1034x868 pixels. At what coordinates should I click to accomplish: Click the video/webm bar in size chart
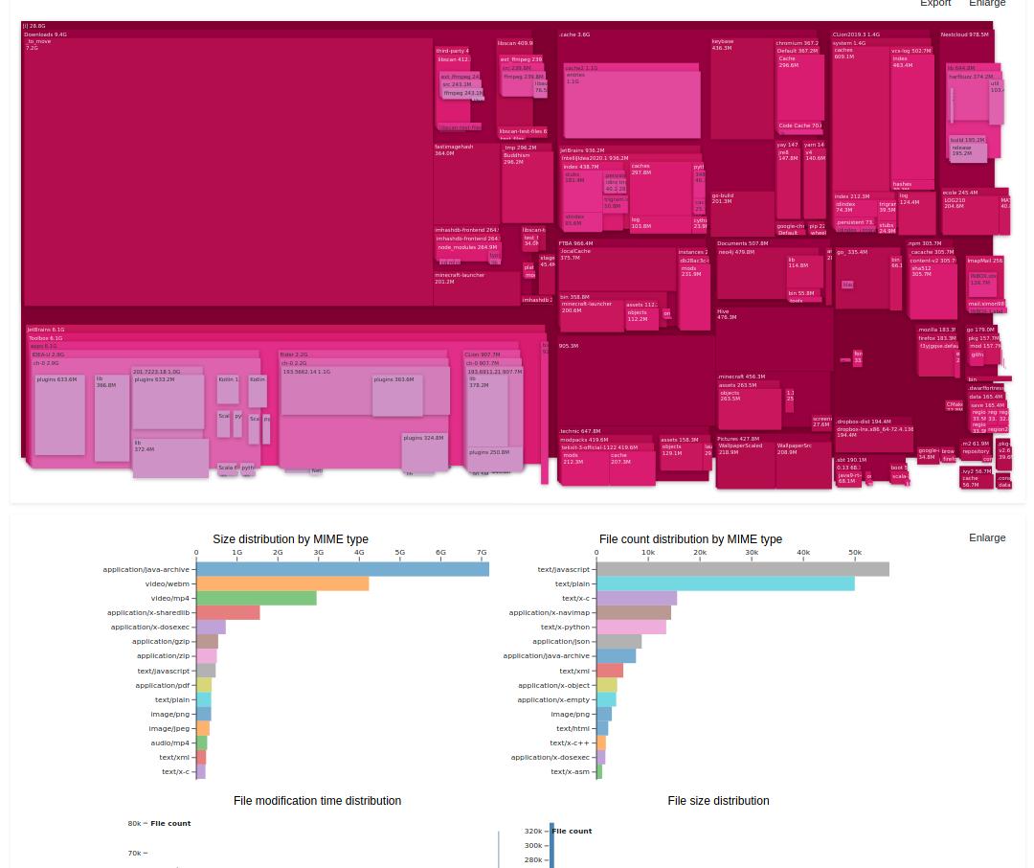coord(282,583)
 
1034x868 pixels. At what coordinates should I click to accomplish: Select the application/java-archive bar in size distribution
coord(343,569)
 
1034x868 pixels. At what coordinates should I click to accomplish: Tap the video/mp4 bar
coord(256,598)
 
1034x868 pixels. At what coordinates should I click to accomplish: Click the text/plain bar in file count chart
coord(725,583)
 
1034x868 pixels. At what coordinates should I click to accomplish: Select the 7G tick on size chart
coord(482,553)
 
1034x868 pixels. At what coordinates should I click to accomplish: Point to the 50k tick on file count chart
coord(855,553)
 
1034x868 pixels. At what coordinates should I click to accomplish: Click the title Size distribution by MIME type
coord(290,539)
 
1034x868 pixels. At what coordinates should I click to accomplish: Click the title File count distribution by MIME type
coord(690,539)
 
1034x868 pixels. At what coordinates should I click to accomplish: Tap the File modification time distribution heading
coord(317,801)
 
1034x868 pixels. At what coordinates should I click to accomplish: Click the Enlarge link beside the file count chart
coord(987,537)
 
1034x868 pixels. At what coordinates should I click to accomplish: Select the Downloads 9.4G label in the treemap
coord(45,34)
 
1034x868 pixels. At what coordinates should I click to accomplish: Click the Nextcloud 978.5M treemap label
coord(964,34)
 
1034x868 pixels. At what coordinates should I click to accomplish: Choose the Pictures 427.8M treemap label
coord(738,439)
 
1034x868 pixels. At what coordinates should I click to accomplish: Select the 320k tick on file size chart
coord(533,831)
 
